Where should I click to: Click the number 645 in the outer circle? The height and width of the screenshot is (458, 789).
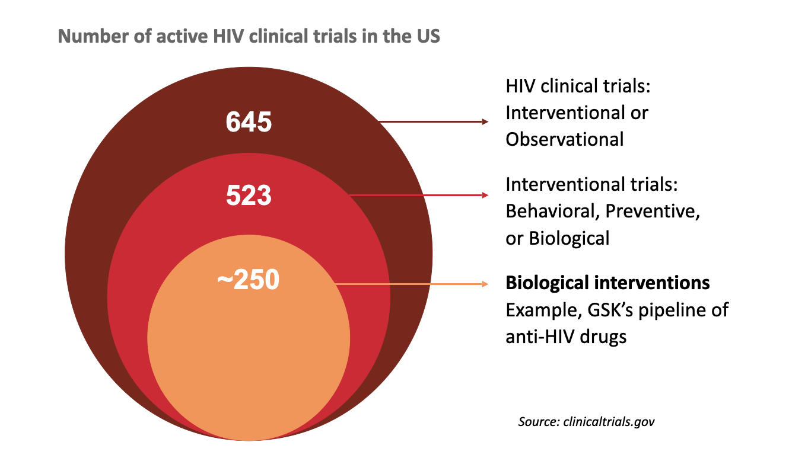pos(249,123)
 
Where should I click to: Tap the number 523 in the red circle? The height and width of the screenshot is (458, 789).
pos(249,195)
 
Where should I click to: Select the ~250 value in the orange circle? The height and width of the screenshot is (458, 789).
pos(248,280)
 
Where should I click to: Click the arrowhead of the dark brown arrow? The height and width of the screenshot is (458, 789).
pos(485,121)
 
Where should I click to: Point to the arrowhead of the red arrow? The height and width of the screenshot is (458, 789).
pos(485,195)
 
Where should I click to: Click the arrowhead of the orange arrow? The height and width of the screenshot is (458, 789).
pos(485,284)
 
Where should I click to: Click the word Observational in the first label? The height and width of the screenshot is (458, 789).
pos(564,139)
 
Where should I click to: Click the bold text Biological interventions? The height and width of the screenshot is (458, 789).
pos(607,283)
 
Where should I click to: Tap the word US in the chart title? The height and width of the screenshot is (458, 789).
pos(426,36)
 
